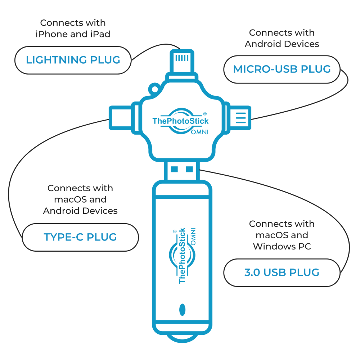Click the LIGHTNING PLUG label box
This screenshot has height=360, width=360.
73,60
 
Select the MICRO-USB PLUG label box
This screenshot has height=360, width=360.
282,69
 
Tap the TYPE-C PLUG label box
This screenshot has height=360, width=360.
80,237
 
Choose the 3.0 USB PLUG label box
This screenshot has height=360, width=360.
282,273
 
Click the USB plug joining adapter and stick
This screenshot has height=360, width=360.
182,170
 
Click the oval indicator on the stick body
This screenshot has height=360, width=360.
182,310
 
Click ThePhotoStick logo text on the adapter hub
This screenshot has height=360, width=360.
180,121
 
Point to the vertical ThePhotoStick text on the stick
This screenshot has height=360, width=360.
182,256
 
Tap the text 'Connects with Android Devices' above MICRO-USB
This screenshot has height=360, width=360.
282,38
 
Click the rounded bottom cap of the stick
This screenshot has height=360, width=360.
182,337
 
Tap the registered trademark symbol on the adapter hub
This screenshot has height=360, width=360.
204,113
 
